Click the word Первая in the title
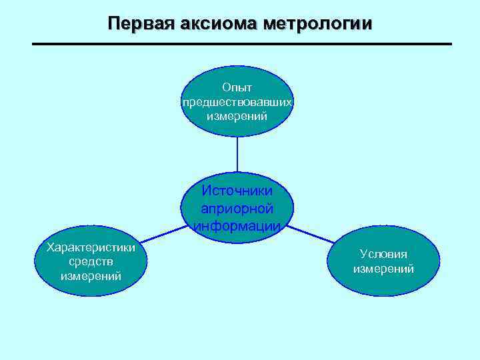[x=138, y=23]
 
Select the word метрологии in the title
[x=318, y=23]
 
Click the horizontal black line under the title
[x=241, y=44]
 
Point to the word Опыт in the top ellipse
[x=237, y=87]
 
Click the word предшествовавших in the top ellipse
[x=237, y=102]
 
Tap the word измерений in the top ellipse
[x=237, y=116]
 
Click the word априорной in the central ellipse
[x=237, y=207]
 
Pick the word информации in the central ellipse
[x=237, y=225]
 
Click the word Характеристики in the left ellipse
[x=91, y=247]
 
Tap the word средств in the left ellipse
[x=91, y=261]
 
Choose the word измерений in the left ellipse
[x=91, y=275]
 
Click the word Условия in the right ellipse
[x=383, y=254]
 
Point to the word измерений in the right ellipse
[x=383, y=269]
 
